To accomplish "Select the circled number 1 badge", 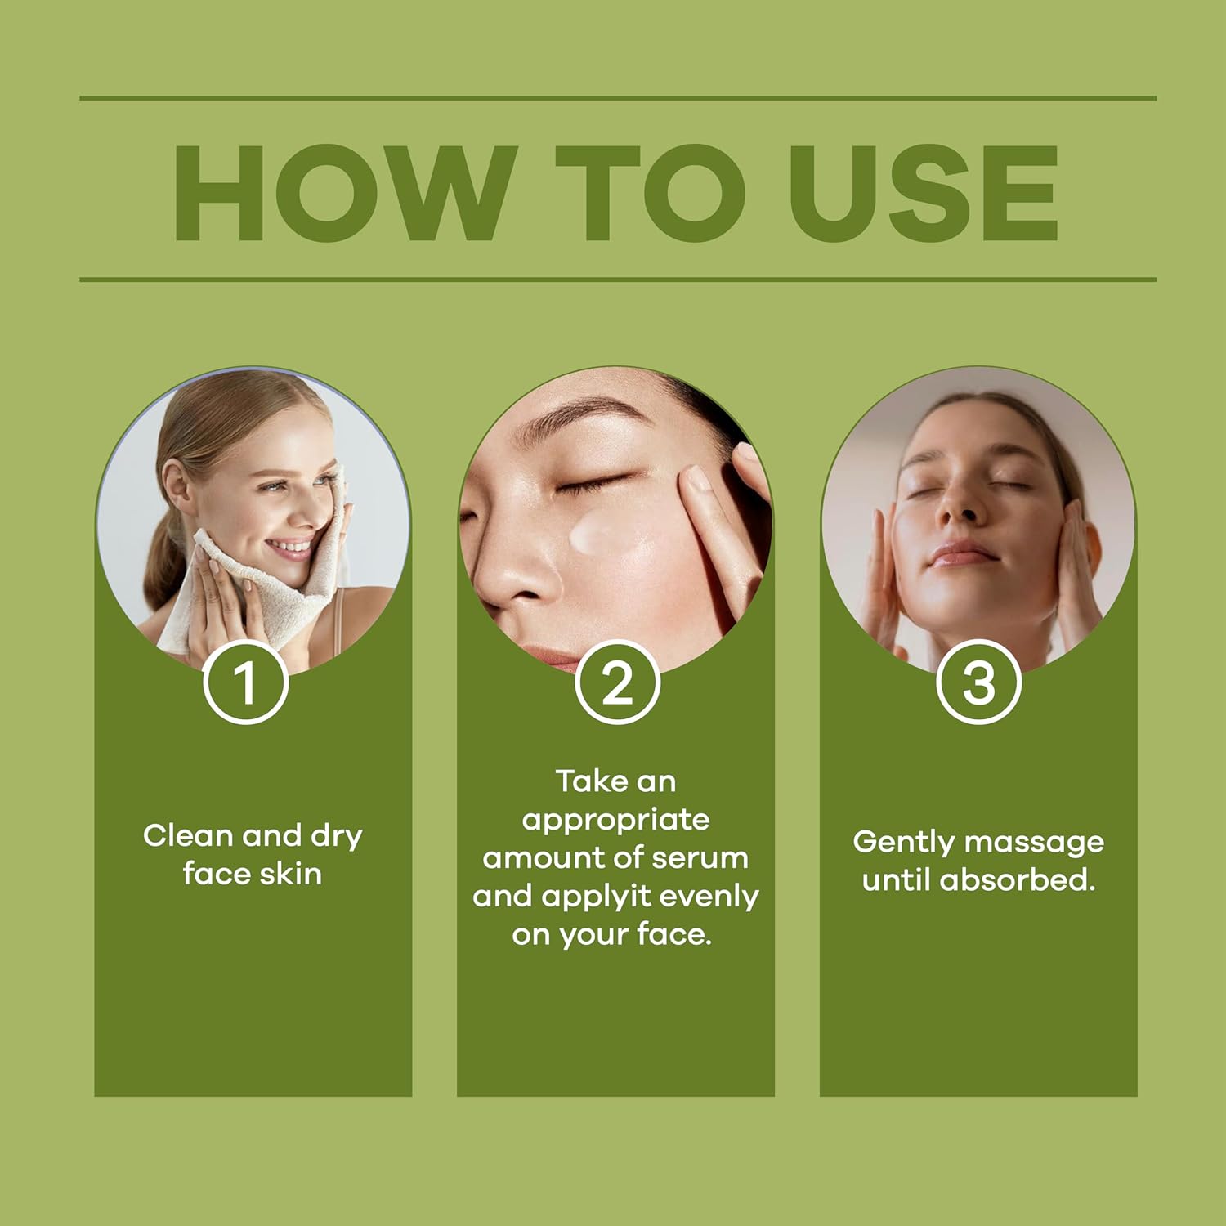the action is coord(246,682).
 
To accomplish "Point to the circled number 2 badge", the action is coord(617,682).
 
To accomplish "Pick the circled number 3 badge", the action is coord(979,682).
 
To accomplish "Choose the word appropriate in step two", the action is coord(616,821).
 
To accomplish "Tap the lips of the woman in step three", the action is coord(964,557).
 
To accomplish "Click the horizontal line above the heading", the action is coord(618,98).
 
